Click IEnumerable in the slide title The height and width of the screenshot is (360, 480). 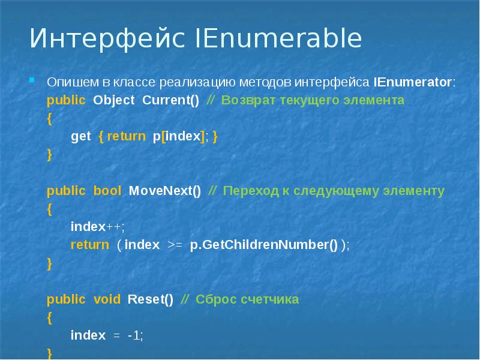coord(279,40)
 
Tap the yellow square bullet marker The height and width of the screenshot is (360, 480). coord(34,80)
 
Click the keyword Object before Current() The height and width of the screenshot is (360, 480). coord(114,100)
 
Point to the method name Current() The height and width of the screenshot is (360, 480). coord(171,100)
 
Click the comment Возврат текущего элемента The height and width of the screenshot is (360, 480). coord(312,100)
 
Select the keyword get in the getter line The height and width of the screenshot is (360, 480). coord(80,136)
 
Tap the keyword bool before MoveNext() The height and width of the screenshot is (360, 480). coord(107,191)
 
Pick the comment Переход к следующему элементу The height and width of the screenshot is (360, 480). coord(334,191)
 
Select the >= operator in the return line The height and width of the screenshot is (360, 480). coord(175,245)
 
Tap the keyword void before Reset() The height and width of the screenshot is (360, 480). coord(107,299)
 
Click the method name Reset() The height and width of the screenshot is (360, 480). coord(151,299)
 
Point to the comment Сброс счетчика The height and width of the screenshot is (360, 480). coord(247,299)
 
